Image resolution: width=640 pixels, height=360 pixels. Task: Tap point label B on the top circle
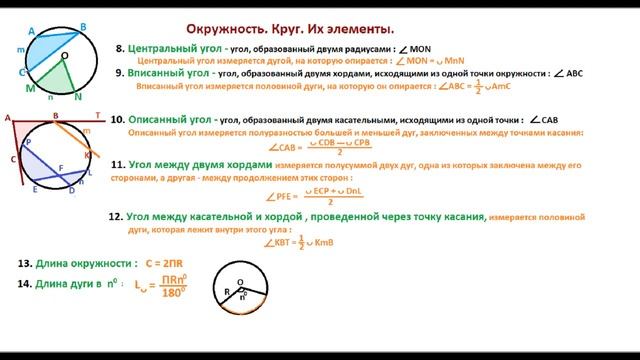click(83, 27)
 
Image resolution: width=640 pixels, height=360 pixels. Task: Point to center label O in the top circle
click(64, 56)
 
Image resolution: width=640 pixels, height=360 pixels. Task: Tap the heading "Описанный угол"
click(170, 119)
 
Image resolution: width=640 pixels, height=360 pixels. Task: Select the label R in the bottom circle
click(225, 293)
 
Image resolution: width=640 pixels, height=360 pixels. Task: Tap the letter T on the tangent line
click(97, 116)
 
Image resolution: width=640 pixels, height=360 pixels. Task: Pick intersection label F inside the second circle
click(60, 168)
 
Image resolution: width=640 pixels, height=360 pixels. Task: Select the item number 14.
click(24, 284)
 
